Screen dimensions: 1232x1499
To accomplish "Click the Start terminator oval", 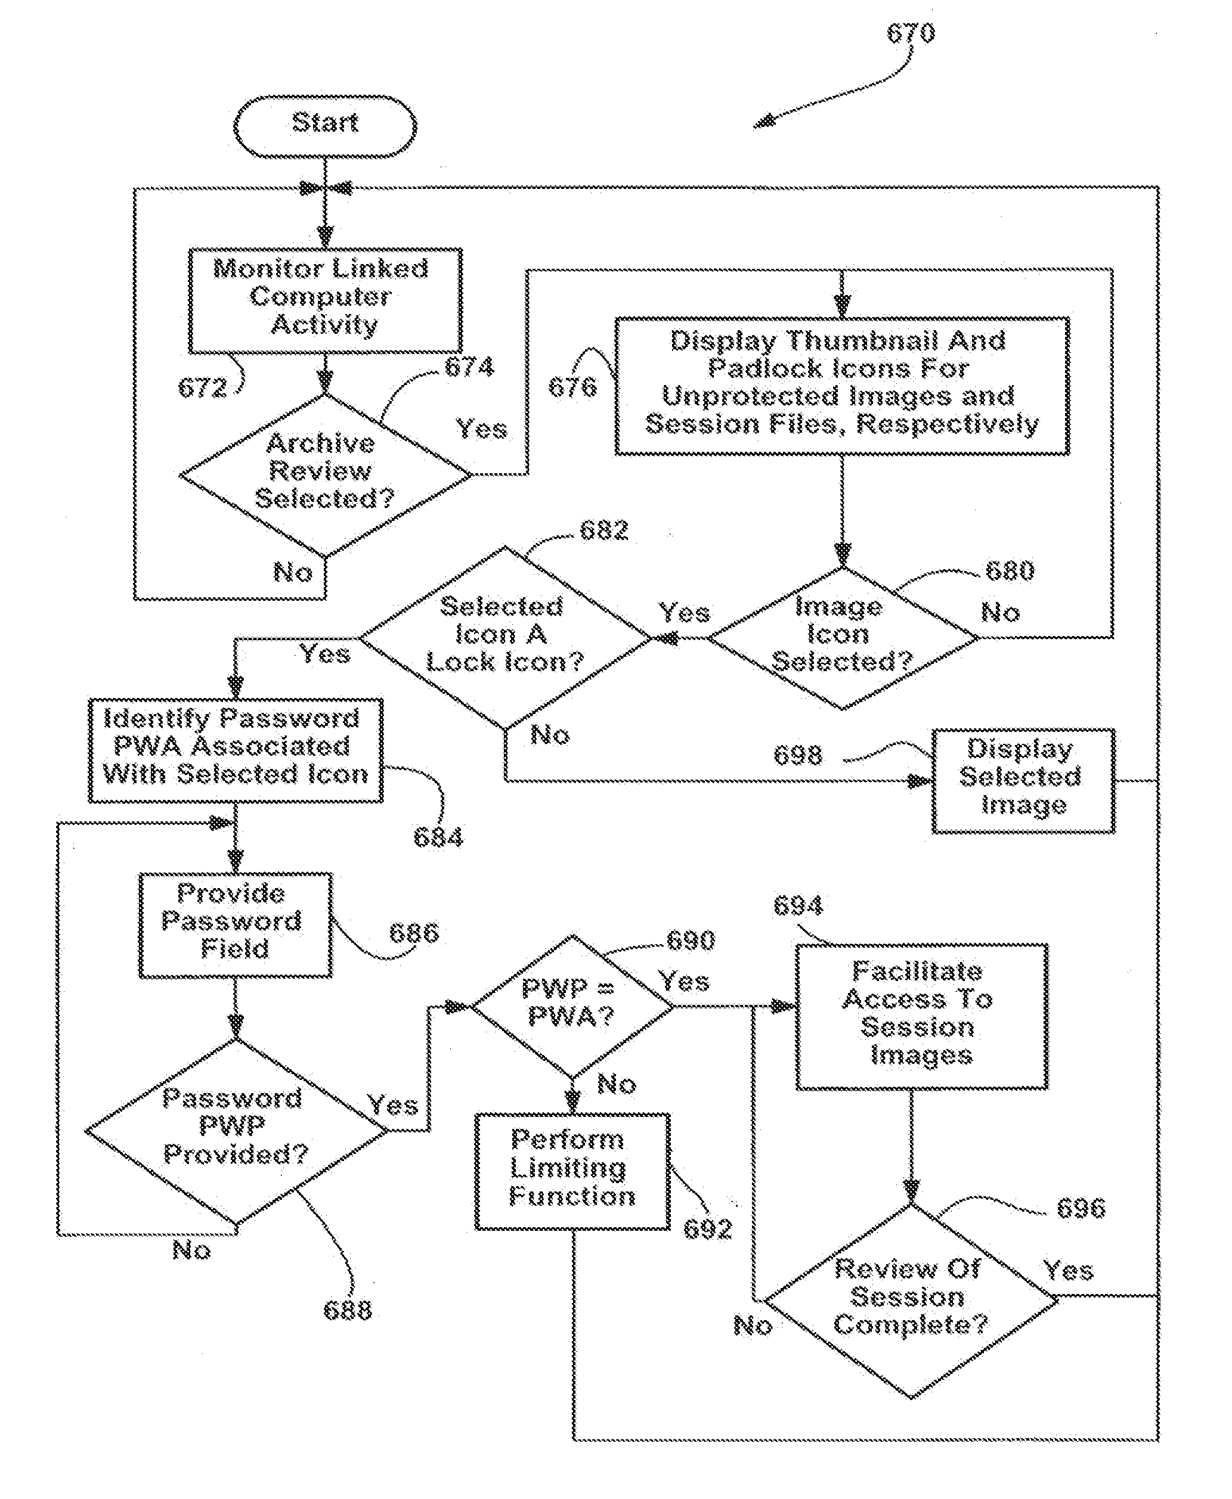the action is point(325,126).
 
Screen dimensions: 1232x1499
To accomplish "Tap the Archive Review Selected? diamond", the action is point(325,474).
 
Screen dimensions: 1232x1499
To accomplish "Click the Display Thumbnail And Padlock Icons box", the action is point(843,386).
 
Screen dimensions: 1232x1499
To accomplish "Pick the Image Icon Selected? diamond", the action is point(843,638).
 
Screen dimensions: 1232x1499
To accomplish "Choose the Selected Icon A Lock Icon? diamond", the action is point(504,638).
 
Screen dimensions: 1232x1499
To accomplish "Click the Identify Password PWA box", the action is point(236,750).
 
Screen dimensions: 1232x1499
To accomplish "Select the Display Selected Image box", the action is point(1023,780).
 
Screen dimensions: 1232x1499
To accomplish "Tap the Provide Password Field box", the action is point(236,925).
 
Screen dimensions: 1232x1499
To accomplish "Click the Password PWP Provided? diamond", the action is point(236,1131).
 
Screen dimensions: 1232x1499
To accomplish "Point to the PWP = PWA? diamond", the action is point(572,1007).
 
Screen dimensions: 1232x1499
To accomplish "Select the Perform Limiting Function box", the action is point(572,1171).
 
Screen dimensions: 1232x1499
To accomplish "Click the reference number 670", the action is point(911,33).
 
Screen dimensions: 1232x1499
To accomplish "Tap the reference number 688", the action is point(347,1309).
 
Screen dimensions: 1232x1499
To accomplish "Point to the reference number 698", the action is point(798,755).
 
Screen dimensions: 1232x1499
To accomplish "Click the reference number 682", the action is point(604,530).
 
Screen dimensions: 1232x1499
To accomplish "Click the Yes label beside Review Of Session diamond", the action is point(1067,1270).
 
